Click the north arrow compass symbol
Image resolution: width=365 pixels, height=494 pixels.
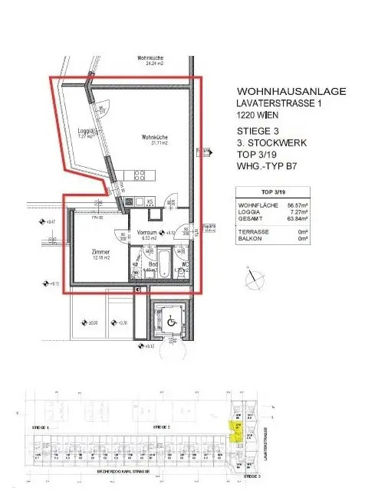point(251,273)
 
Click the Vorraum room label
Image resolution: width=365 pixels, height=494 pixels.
point(147,231)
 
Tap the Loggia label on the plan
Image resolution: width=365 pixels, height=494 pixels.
point(86,132)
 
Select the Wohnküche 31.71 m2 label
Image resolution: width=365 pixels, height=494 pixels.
point(154,139)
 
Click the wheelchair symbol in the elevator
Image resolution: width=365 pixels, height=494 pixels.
point(170,322)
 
